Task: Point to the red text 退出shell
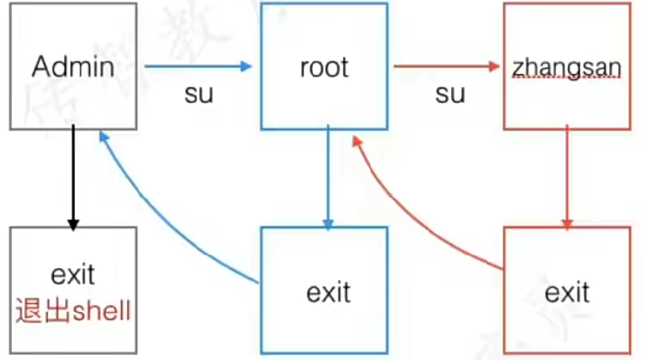coord(73,310)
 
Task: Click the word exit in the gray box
coord(73,276)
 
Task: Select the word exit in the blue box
coord(328,291)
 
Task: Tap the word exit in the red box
coord(567,291)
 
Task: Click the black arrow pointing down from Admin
coord(74,176)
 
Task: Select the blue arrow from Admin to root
coord(198,66)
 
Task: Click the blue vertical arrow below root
coord(327,176)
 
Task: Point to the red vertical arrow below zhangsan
coord(566,176)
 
